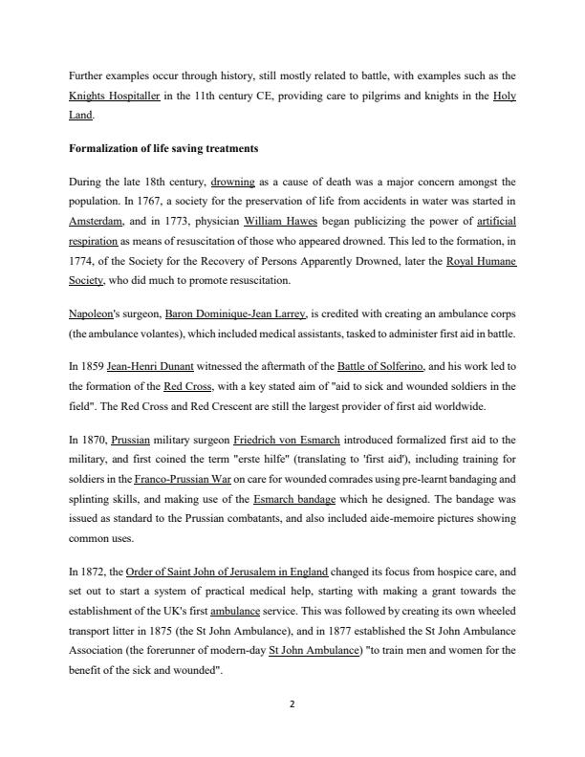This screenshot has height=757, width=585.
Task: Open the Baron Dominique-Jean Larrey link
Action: click(236, 313)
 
